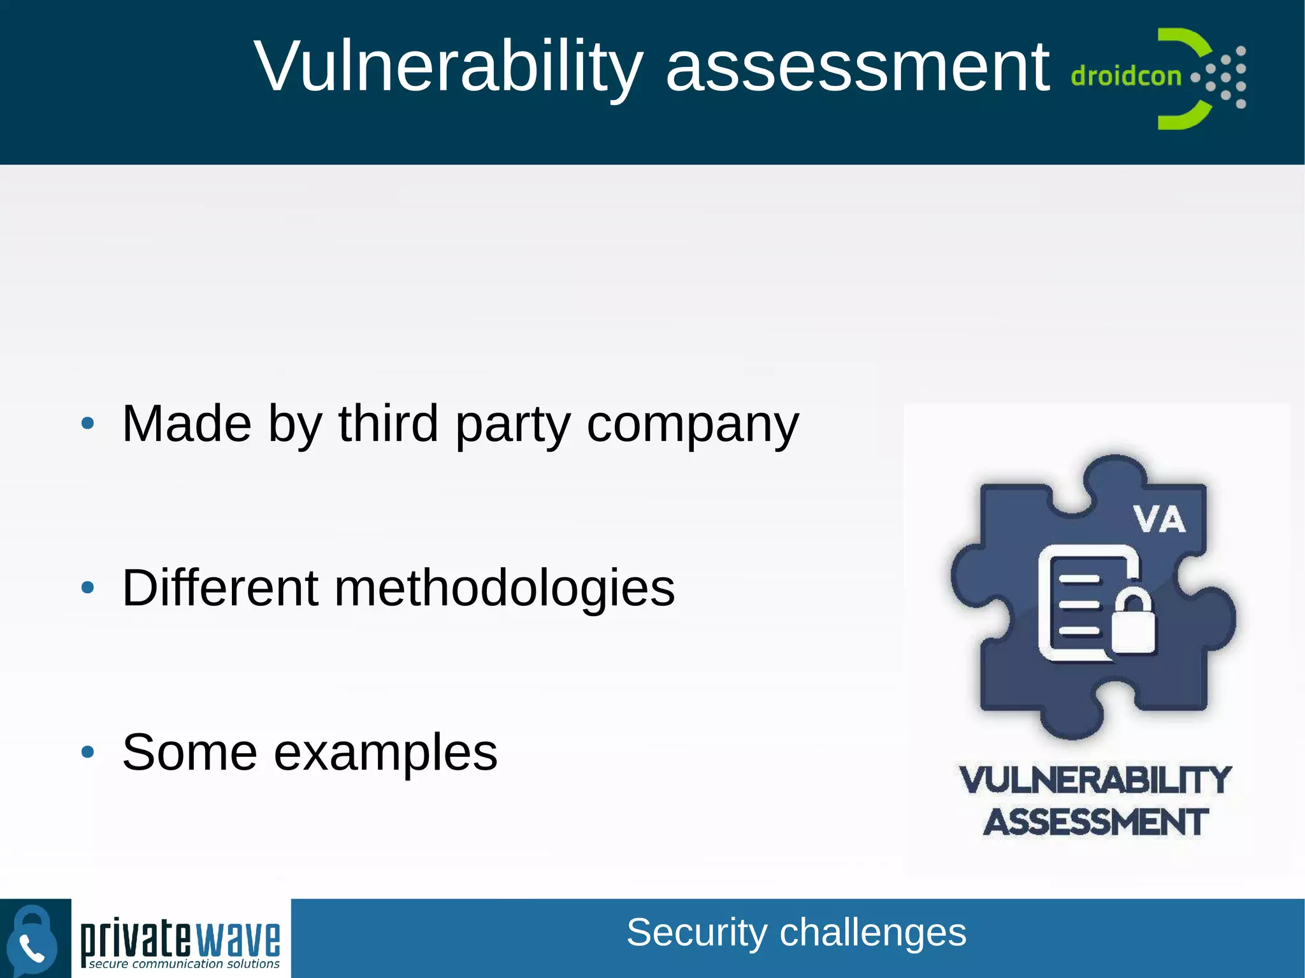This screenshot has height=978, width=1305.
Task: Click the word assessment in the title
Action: [857, 67]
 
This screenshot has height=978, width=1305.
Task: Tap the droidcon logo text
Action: [1126, 76]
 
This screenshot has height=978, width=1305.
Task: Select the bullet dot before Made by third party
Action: [88, 423]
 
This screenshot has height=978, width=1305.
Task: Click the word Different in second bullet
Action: [220, 587]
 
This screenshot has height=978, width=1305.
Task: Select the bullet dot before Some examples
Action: [88, 752]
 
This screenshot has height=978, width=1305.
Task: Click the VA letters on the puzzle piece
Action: [1159, 519]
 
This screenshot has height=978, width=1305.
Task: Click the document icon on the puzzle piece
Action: [1077, 602]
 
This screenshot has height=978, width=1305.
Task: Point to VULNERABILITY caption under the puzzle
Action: [1095, 780]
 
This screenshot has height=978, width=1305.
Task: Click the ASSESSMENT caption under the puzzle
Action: [1095, 822]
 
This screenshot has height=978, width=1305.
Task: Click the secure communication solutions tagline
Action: [184, 964]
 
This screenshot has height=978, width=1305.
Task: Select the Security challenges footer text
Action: [796, 933]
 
